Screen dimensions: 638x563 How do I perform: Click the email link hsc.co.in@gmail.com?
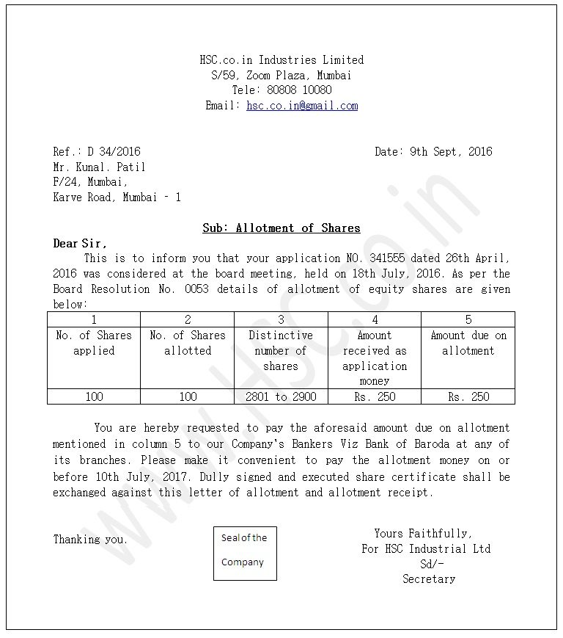pyautogui.click(x=302, y=106)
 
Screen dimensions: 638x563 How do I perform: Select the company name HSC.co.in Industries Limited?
pyautogui.click(x=281, y=60)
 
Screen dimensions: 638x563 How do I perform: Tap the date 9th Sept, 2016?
pyautogui.click(x=451, y=152)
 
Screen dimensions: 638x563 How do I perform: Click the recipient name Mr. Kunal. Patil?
pyautogui.click(x=99, y=167)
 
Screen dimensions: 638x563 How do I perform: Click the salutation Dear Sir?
pyautogui.click(x=80, y=244)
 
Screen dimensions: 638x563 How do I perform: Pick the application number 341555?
pyautogui.click(x=384, y=258)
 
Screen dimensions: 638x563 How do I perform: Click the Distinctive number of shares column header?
pyautogui.click(x=281, y=351)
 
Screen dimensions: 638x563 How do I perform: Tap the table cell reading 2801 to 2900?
pyautogui.click(x=281, y=396)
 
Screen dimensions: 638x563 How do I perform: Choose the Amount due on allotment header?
pyautogui.click(x=468, y=343)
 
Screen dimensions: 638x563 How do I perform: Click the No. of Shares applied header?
pyautogui.click(x=94, y=343)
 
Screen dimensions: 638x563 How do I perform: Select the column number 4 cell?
pyautogui.click(x=375, y=319)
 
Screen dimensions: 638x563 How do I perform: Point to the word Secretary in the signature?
pyautogui.click(x=429, y=579)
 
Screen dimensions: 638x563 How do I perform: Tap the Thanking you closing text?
pyautogui.click(x=90, y=540)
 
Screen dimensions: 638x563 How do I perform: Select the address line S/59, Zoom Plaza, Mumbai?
pyautogui.click(x=281, y=76)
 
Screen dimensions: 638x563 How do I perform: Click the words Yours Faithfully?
pyautogui.click(x=423, y=534)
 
